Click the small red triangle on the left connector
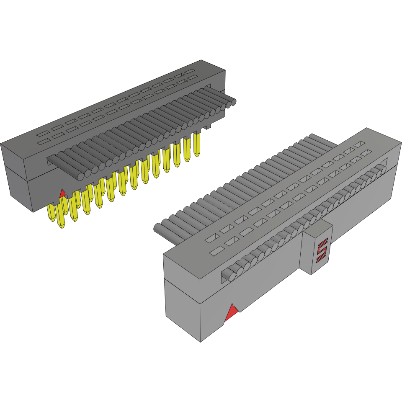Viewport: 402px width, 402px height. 62,193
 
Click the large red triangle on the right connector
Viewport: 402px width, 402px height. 231,314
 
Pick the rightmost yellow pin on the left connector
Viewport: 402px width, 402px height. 196,144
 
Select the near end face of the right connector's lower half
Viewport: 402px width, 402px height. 183,314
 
